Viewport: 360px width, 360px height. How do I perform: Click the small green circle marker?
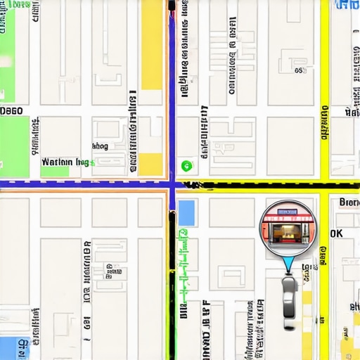click(x=186, y=166)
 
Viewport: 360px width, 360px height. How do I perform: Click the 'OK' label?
click(x=336, y=233)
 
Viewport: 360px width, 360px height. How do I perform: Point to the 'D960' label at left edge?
click(x=11, y=111)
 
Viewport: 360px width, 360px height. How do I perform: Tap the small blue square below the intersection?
click(x=186, y=212)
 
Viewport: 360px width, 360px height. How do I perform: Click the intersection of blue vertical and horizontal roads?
click(x=172, y=184)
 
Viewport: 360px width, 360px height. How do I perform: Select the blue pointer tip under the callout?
click(x=288, y=270)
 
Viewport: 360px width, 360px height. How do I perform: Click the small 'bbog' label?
click(x=100, y=146)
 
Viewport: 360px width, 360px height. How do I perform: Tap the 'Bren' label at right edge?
click(x=349, y=202)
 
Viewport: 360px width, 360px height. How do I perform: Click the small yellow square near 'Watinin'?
click(x=150, y=163)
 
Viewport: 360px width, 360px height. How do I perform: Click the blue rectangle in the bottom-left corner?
click(x=10, y=347)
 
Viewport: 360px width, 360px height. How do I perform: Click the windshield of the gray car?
click(x=289, y=289)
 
